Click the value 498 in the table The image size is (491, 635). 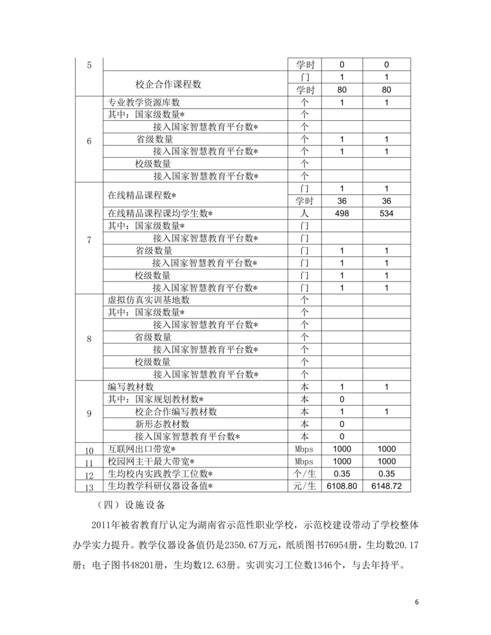point(342,214)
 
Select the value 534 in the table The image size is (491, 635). point(387,214)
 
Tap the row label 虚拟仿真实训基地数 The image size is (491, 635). point(149,300)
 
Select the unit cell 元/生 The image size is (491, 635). point(304,486)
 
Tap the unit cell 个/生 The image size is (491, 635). point(304,474)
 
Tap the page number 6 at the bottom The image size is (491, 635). point(417,602)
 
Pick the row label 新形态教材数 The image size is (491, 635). point(162,424)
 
